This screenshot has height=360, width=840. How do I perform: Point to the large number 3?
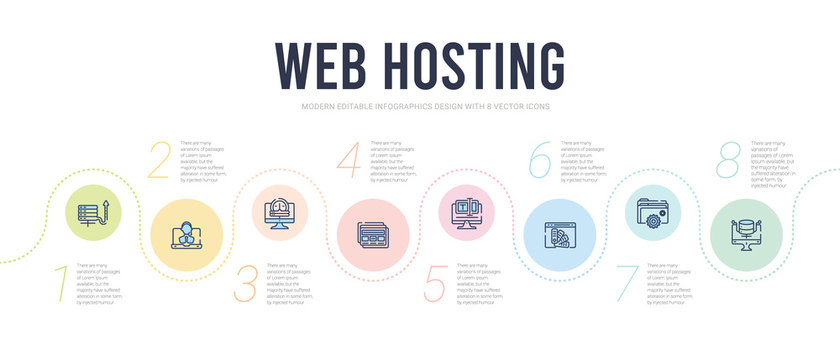244,284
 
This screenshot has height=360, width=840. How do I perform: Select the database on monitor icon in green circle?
751,238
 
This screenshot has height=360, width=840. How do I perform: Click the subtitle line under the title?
419,106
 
